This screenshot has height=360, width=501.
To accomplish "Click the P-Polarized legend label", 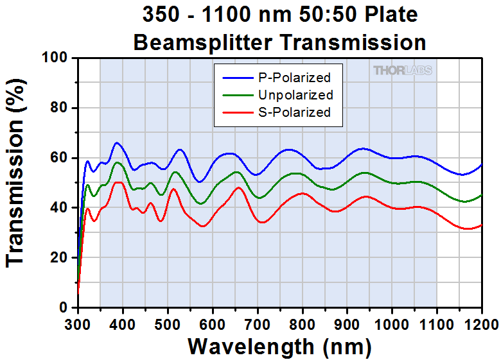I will click(294, 78).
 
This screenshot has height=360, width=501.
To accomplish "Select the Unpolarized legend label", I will click(295, 95).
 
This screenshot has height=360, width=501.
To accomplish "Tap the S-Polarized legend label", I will click(294, 112).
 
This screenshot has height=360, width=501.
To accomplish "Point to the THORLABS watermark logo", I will click(403, 71).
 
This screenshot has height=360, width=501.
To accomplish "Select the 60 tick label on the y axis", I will click(60, 158).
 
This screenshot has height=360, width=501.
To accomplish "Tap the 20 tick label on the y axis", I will click(60, 257).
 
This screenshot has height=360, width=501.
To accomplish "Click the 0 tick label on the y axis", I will click(65, 307).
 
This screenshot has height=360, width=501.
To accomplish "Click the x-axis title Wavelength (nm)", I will click(279, 347).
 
